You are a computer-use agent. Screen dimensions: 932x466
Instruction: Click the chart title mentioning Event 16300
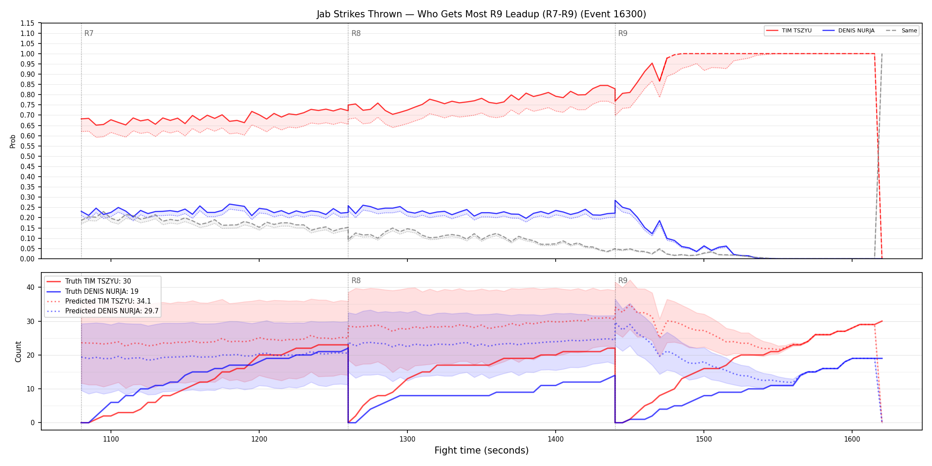pos(482,14)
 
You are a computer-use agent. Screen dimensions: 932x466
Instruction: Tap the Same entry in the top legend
pos(901,31)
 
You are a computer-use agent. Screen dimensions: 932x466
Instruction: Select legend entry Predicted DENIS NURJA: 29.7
pos(103,311)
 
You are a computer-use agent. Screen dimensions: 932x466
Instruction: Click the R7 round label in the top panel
pos(89,33)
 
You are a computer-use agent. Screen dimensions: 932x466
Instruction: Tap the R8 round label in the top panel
pos(356,33)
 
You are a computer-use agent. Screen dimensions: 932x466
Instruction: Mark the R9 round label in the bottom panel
pos(623,280)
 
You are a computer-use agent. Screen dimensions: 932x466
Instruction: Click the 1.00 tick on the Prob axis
pos(28,54)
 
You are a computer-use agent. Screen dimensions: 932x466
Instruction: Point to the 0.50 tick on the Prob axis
pos(28,156)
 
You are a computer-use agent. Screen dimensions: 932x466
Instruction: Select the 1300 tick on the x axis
pos(407,439)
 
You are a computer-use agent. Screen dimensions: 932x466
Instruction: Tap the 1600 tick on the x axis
pos(852,439)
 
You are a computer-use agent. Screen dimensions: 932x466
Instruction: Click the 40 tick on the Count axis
pos(31,287)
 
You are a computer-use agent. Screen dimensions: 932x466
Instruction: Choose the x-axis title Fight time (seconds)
pos(482,450)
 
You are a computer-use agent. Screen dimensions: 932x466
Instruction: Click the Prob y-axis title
pos(13,141)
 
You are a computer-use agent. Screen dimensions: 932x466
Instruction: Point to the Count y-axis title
pos(18,351)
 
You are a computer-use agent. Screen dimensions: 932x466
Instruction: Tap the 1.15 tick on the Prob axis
pos(28,23)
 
